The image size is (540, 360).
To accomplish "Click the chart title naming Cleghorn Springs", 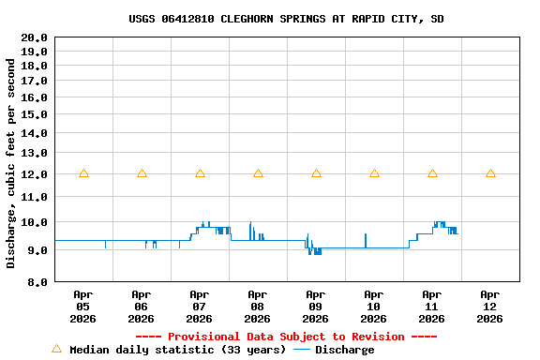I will pyautogui.click(x=286, y=19).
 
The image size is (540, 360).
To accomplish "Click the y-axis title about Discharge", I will pyautogui.click(x=11, y=163).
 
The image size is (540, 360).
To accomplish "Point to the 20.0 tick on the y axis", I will pyautogui.click(x=35, y=37).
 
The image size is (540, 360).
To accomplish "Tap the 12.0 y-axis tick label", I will pyautogui.click(x=35, y=174).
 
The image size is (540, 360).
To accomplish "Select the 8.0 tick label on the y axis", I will pyautogui.click(x=37, y=281).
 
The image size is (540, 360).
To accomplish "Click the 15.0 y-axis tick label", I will pyautogui.click(x=35, y=113).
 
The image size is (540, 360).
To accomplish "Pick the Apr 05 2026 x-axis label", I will pyautogui.click(x=83, y=306).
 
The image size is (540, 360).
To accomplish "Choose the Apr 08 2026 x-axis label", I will pyautogui.click(x=258, y=306).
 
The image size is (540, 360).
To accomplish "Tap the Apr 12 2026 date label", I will pyautogui.click(x=490, y=306).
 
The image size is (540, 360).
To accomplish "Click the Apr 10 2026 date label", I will pyautogui.click(x=374, y=306).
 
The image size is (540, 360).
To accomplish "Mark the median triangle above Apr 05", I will pyautogui.click(x=83, y=173).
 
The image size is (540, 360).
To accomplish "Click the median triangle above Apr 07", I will pyautogui.click(x=200, y=173).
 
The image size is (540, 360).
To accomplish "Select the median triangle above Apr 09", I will pyautogui.click(x=316, y=173).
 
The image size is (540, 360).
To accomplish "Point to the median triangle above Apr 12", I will pyautogui.click(x=490, y=173).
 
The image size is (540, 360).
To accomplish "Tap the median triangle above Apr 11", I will pyautogui.click(x=432, y=173).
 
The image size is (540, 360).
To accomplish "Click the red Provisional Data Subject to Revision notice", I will pyautogui.click(x=286, y=337).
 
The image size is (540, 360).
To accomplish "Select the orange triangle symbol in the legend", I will pyautogui.click(x=56, y=349).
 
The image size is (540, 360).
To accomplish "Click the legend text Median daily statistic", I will pyautogui.click(x=177, y=350).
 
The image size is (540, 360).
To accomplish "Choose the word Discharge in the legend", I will pyautogui.click(x=344, y=350).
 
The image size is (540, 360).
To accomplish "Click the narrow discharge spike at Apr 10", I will pyautogui.click(x=366, y=239).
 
